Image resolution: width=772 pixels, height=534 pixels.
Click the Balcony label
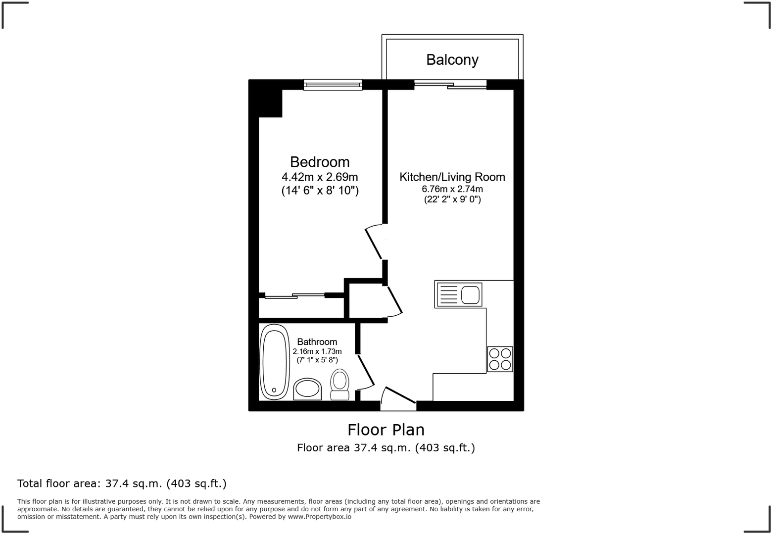pyautogui.click(x=452, y=60)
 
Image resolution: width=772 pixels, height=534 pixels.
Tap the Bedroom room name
pyautogui.click(x=320, y=162)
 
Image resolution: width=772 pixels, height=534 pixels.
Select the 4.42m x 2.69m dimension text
pyautogui.click(x=320, y=177)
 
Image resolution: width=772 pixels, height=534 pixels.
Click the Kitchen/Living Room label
pyautogui.click(x=452, y=177)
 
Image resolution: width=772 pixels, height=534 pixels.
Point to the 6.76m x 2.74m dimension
pyautogui.click(x=452, y=189)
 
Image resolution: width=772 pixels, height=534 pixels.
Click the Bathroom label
pyautogui.click(x=317, y=342)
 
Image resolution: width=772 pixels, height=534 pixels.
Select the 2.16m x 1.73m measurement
pyautogui.click(x=317, y=351)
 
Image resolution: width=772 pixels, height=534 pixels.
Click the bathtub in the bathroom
pyautogui.click(x=274, y=362)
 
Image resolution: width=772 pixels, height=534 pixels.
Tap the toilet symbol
pyautogui.click(x=339, y=384)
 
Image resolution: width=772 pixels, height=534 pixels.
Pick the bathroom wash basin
pyautogui.click(x=307, y=389)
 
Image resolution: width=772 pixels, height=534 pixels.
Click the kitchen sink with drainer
pyautogui.click(x=458, y=295)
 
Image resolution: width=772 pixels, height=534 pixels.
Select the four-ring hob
pyautogui.click(x=500, y=359)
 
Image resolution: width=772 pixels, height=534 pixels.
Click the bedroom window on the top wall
pyautogui.click(x=333, y=85)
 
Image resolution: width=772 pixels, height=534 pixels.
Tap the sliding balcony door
pyautogui.click(x=450, y=85)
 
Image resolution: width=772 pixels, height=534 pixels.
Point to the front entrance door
pyautogui.click(x=398, y=399)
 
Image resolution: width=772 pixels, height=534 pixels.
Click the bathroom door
pyautogui.click(x=366, y=371)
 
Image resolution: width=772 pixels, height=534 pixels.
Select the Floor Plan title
pyautogui.click(x=386, y=429)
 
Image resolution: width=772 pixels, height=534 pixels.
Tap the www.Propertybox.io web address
pyautogui.click(x=320, y=517)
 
